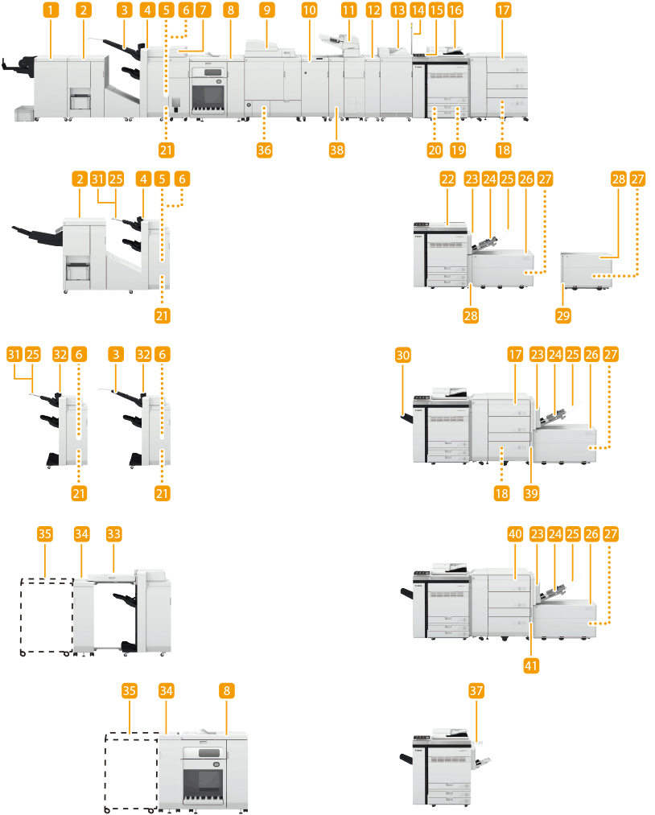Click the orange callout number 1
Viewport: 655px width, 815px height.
click(x=51, y=10)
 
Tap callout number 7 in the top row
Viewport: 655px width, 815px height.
click(x=203, y=10)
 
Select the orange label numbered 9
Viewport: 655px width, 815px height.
click(x=267, y=10)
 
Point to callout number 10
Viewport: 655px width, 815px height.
click(x=310, y=10)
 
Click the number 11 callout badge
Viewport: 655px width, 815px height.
click(x=348, y=10)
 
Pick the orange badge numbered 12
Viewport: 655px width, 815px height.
click(x=373, y=10)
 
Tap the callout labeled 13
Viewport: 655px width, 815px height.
click(x=398, y=10)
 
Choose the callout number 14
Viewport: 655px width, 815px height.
click(x=417, y=10)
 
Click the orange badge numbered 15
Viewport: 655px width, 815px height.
click(x=436, y=10)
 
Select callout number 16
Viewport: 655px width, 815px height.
click(x=455, y=10)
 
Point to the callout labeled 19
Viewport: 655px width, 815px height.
click(x=459, y=149)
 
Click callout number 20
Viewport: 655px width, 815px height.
click(x=435, y=149)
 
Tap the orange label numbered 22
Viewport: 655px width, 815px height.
click(x=449, y=179)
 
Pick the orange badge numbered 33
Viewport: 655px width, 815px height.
click(x=114, y=533)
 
